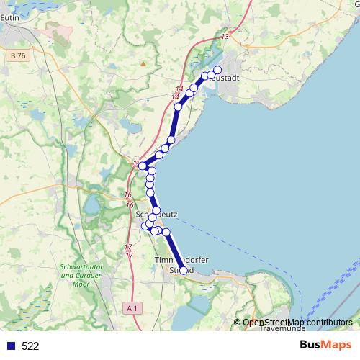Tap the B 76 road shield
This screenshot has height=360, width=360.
19,54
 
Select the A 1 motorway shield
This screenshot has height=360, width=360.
130,308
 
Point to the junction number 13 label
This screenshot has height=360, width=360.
225,36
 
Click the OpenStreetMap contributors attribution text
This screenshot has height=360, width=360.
297,322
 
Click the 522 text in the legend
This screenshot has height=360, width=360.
30,346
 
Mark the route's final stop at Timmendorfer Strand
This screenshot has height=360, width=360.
184,270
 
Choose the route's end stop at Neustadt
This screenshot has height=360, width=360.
217,70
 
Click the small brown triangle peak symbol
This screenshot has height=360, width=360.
143,63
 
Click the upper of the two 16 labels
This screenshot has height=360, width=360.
127,195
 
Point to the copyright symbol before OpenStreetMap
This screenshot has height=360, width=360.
238,322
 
